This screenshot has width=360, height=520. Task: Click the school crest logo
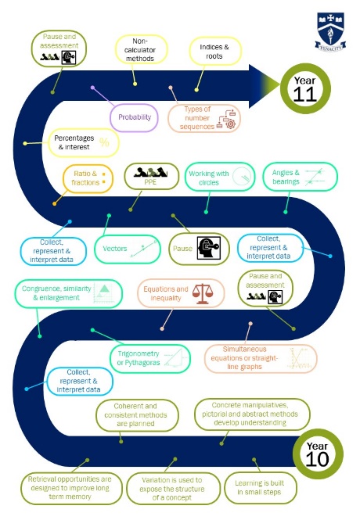tap(330, 31)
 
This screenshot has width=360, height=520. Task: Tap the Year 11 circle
tap(305, 88)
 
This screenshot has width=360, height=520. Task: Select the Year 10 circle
tap(318, 454)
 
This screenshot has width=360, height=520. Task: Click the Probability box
tap(134, 117)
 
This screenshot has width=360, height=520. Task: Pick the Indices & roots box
tap(214, 52)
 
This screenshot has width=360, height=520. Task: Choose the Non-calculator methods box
tap(140, 50)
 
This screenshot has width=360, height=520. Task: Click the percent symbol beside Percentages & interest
tap(104, 142)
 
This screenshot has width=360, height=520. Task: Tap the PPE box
tap(151, 176)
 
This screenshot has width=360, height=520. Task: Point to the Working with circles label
tap(209, 178)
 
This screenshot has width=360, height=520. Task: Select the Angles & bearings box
tap(300, 177)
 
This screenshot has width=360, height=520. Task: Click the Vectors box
tap(128, 249)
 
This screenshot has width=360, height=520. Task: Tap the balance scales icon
tap(203, 293)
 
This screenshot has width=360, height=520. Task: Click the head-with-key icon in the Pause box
tap(208, 248)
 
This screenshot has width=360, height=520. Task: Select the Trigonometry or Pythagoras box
tap(150, 358)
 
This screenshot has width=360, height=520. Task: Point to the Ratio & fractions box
tap(88, 178)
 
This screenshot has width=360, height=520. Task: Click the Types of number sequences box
tap(204, 118)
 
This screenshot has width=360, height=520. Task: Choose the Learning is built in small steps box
tap(261, 488)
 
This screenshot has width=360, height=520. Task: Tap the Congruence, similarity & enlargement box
tap(68, 293)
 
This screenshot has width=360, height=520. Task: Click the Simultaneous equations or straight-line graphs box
tap(261, 358)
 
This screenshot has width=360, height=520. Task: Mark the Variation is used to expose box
tap(172, 489)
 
